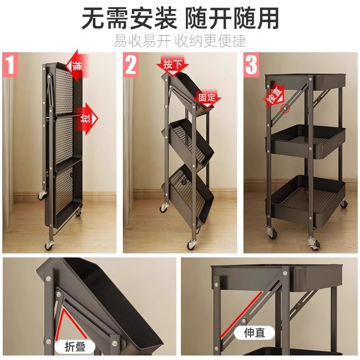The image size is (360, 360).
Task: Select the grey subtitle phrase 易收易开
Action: (x=142, y=41)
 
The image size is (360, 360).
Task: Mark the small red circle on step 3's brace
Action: (x=284, y=108)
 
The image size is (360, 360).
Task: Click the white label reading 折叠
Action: (x=75, y=347)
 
